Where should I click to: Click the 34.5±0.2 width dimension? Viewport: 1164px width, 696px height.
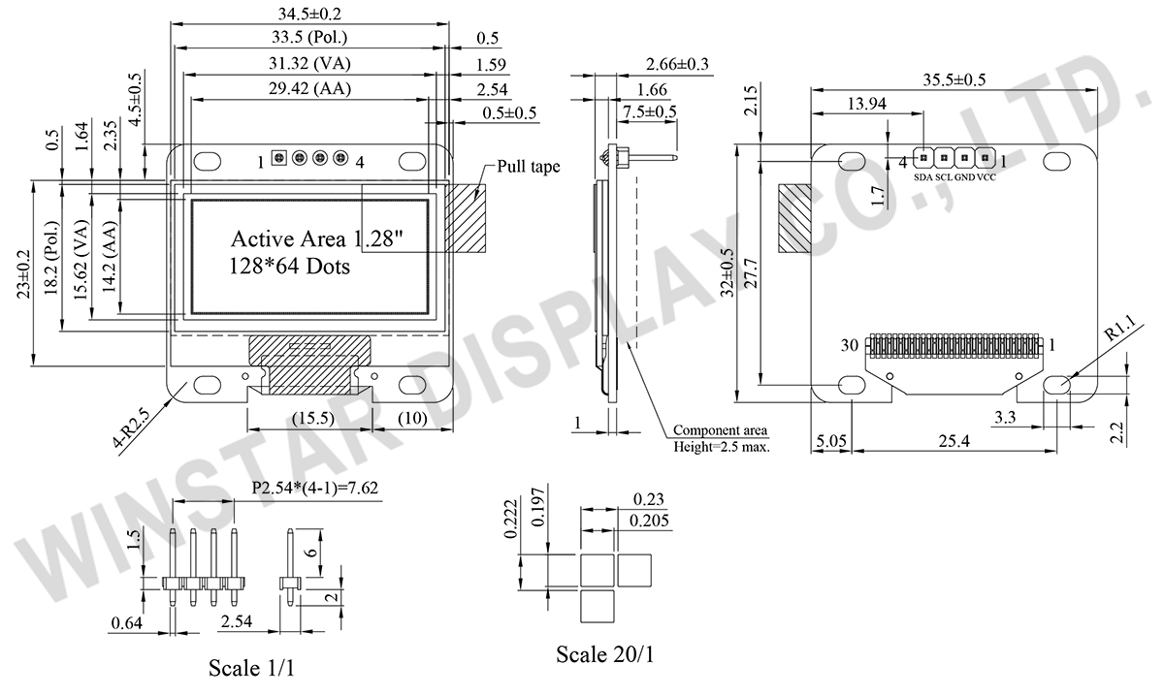[309, 14]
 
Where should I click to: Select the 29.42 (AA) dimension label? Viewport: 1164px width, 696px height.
[309, 89]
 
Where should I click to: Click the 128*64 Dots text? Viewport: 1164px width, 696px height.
[289, 265]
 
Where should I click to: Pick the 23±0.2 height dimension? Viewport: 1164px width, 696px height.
[21, 274]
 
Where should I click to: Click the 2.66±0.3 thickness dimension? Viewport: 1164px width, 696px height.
[677, 64]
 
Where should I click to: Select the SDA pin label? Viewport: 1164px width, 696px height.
[922, 177]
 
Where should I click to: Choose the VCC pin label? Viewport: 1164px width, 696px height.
[986, 177]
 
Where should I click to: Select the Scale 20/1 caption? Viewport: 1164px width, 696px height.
[604, 654]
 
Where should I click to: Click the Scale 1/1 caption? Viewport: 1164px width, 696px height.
[251, 668]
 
